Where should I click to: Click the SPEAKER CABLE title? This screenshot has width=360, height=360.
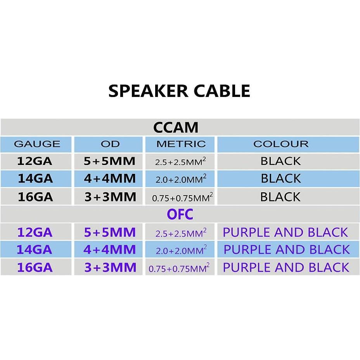(179, 91)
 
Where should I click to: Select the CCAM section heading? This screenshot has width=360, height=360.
(176, 127)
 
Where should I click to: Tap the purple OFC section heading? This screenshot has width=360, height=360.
(180, 214)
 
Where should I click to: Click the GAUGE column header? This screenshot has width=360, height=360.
(37, 144)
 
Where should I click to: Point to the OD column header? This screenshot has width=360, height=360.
(110, 144)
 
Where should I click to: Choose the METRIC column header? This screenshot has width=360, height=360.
(181, 144)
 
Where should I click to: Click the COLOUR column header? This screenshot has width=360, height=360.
(281, 144)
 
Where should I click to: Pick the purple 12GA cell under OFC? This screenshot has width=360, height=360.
(35, 232)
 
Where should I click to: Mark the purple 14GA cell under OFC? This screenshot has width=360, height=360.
(35, 249)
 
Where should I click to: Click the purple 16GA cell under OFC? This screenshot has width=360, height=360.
(35, 267)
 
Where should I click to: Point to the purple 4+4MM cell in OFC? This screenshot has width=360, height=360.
(110, 249)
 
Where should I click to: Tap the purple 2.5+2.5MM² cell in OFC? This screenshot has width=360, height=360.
(181, 233)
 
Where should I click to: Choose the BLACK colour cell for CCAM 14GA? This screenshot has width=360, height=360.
(281, 179)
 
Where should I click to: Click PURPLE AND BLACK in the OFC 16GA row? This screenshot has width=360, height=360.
(286, 267)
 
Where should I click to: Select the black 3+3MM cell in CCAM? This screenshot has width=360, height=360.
(110, 197)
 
